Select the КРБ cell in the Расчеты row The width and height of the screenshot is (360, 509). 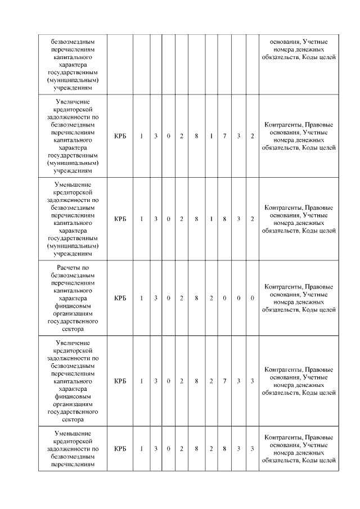click(120, 298)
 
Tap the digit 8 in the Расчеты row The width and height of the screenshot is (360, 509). click(196, 298)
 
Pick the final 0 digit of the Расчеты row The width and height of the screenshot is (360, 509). click(253, 298)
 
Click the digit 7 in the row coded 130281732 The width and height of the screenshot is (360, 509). click(224, 136)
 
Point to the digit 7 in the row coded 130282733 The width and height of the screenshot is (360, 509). click(224, 381)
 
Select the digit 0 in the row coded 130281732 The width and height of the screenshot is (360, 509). click(168, 136)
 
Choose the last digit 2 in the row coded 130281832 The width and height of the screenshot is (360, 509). click(253, 219)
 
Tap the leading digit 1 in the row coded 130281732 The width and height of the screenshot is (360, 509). click(142, 136)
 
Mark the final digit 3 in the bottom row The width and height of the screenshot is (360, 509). click(253, 449)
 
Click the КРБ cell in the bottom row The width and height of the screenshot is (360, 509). click(120, 449)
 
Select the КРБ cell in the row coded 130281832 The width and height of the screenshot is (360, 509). click(120, 219)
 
